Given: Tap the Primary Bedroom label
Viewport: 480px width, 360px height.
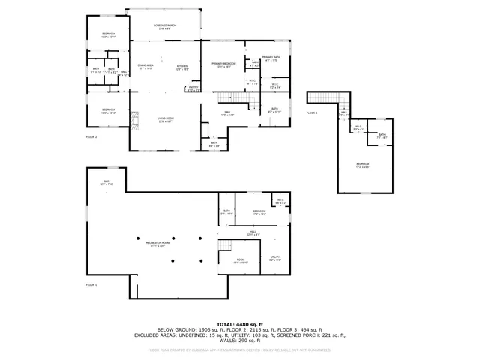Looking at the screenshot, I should (x=223, y=64).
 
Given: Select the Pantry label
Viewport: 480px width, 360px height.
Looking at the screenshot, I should (x=193, y=88).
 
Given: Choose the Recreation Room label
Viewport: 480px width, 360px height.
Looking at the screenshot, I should (x=158, y=238).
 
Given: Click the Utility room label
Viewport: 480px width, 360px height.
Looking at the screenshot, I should (x=275, y=259).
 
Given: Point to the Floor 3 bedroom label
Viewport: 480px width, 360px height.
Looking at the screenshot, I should (x=363, y=165).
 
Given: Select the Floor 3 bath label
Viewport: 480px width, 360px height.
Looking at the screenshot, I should (x=382, y=136).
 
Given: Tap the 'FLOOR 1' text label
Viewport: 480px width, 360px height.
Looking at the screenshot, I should (x=91, y=285).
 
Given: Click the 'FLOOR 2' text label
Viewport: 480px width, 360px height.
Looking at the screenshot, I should (x=91, y=137).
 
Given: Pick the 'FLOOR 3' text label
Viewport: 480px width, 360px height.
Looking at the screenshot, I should (x=312, y=112).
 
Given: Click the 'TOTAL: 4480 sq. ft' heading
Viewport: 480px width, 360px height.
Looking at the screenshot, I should (x=239, y=324).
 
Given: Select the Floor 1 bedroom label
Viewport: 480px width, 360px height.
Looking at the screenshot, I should (x=259, y=213).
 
